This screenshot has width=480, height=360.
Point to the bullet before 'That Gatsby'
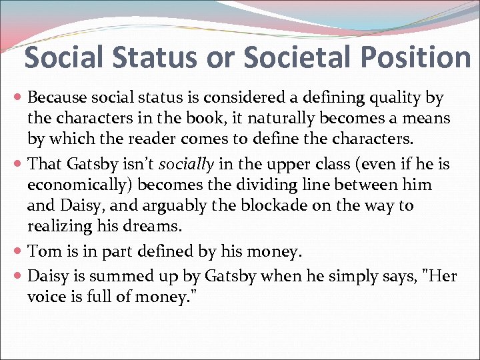point(19,163)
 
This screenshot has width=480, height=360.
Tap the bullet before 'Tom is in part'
point(19,251)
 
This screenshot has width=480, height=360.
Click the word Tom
point(40,251)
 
